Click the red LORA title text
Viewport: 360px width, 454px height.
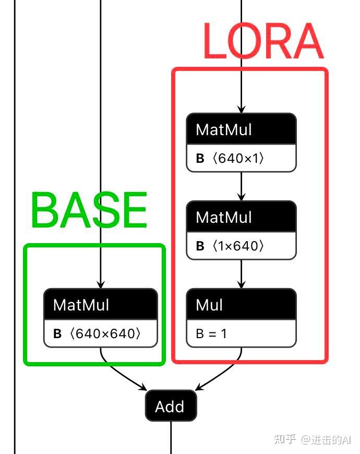pyautogui.click(x=263, y=42)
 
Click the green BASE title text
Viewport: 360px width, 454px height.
pyautogui.click(x=89, y=210)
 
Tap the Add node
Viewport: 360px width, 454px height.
pyautogui.click(x=171, y=406)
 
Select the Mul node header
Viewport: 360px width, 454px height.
pyautogui.click(x=241, y=305)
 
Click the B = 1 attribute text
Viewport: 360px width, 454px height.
pyautogui.click(x=211, y=333)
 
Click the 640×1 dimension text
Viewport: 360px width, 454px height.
pyautogui.click(x=238, y=158)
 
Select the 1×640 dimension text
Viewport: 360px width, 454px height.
pyautogui.click(x=238, y=246)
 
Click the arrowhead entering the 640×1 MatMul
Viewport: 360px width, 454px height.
pyautogui.click(x=241, y=109)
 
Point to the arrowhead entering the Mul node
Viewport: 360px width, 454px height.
pyautogui.click(x=241, y=284)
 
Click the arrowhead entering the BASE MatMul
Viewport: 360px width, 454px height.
pyautogui.click(x=100, y=284)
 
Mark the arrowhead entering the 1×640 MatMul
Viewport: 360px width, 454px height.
pyautogui.click(x=241, y=197)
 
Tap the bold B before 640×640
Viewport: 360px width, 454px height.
pyautogui.click(x=57, y=333)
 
